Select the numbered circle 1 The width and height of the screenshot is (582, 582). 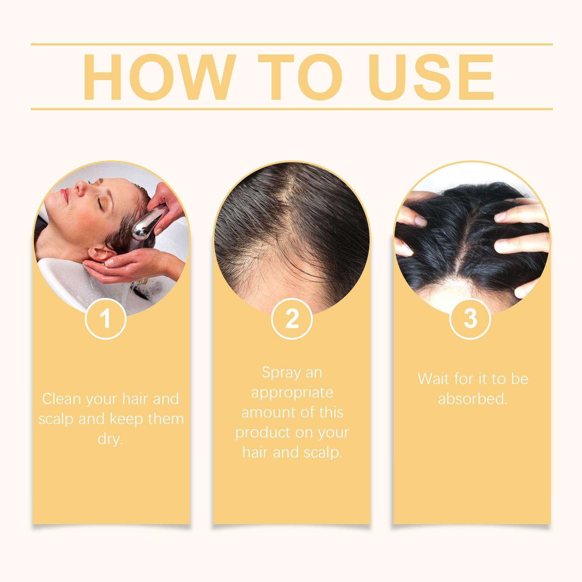coord(105,319)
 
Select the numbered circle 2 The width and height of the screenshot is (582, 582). coord(292,319)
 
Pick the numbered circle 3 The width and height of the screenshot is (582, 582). coord(470,319)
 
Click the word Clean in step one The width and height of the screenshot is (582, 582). coord(61,399)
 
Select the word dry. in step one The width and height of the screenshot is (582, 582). coord(110,439)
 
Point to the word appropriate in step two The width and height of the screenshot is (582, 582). coord(292,393)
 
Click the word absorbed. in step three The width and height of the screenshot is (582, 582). coord(473,399)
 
